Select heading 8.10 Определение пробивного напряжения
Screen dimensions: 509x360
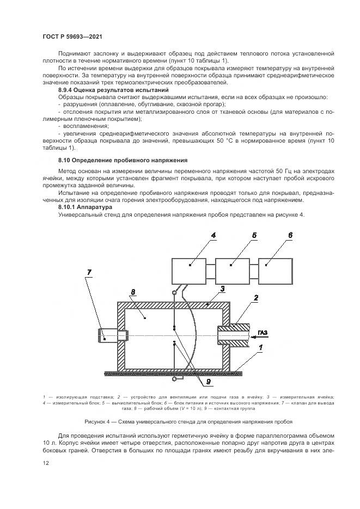(x=123, y=161)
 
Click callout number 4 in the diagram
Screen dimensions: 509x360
(x=213, y=235)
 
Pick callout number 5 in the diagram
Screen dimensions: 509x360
(x=254, y=235)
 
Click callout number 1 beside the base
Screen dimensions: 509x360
(x=261, y=347)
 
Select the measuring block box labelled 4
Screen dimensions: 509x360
(x=188, y=265)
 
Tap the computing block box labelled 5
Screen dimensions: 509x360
(x=231, y=265)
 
